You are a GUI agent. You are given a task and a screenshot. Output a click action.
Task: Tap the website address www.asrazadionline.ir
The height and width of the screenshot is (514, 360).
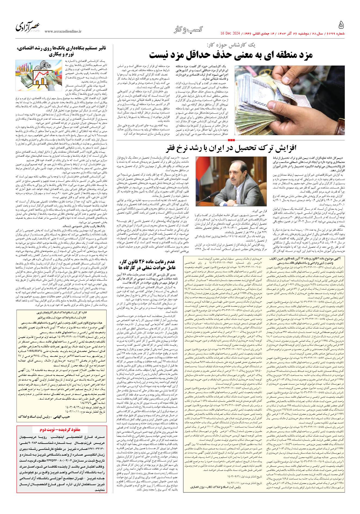63,32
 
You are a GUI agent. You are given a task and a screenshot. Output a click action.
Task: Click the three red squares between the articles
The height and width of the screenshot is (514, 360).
231,140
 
